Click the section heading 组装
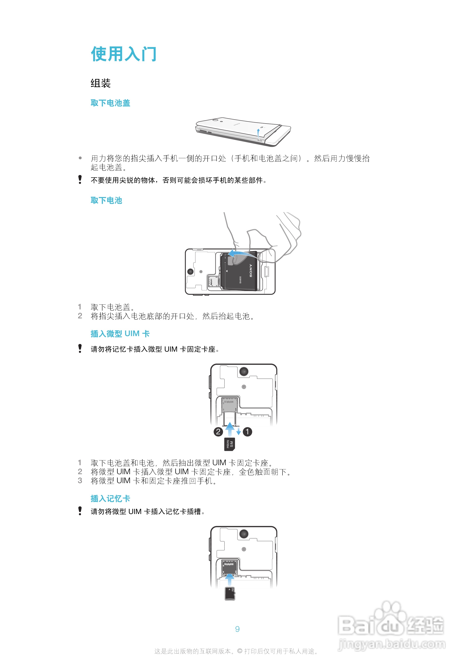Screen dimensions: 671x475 point(100,83)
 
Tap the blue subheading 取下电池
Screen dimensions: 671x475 point(106,200)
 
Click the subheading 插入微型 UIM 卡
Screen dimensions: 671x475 point(120,334)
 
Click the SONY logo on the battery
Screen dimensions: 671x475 point(251,270)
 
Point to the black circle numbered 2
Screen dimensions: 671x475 point(218,432)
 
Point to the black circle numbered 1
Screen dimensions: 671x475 point(247,432)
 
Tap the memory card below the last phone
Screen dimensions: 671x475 point(230,594)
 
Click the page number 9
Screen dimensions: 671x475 point(237,629)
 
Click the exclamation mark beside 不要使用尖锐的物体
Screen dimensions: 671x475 point(80,180)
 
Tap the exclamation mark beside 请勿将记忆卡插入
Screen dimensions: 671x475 point(80,348)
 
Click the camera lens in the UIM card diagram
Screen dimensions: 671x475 point(244,371)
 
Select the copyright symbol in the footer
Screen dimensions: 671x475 point(240,651)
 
